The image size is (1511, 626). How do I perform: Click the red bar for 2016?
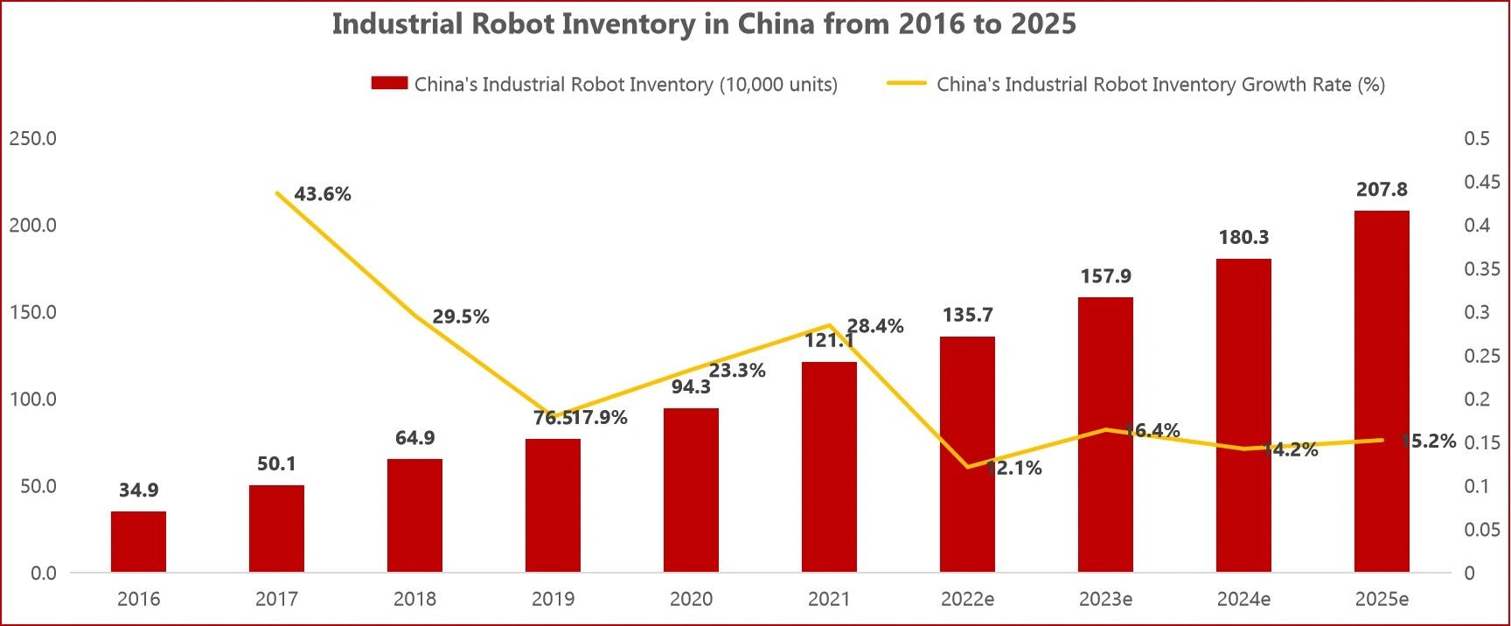tap(138, 542)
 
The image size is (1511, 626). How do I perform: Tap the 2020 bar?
tap(691, 490)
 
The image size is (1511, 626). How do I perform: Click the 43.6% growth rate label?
tap(322, 194)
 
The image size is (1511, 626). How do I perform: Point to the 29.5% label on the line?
tap(461, 316)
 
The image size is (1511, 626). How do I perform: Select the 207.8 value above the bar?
tap(1382, 190)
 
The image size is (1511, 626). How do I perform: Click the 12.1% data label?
tap(1014, 468)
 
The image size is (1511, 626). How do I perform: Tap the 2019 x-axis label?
tap(553, 599)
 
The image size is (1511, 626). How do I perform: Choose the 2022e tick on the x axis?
tap(967, 599)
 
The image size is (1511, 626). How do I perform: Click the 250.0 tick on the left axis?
tap(32, 138)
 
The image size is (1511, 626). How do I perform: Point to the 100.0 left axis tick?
tap(32, 400)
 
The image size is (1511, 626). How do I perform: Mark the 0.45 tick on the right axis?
tap(1481, 182)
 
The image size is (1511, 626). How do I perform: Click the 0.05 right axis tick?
tap(1481, 529)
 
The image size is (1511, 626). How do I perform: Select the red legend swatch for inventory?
tap(389, 84)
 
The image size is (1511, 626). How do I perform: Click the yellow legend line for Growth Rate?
tap(906, 84)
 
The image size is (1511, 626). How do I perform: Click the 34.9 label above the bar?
tap(138, 490)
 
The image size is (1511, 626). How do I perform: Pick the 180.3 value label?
tap(1243, 237)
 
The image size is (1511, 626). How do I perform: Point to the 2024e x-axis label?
tap(1243, 599)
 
